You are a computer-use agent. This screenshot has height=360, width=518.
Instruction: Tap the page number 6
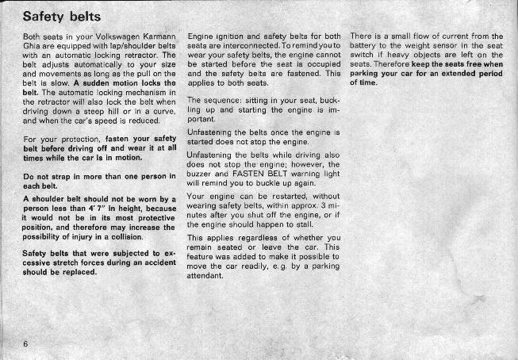[x=25, y=343]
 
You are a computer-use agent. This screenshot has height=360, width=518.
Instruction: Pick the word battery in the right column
[x=366, y=47]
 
